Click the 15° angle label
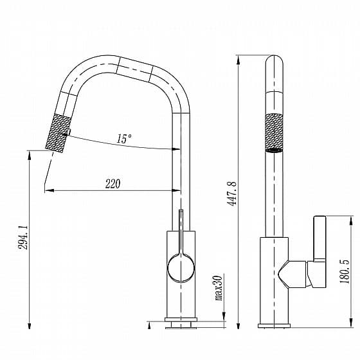(x=124, y=139)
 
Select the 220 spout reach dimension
(x=113, y=184)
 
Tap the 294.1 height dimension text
(x=23, y=238)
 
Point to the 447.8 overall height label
(x=231, y=194)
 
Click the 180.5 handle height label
(x=345, y=271)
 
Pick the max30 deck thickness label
(x=219, y=288)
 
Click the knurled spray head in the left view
(x=57, y=133)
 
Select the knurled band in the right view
(x=274, y=132)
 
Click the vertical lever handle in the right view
(x=320, y=238)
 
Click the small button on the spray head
(x=69, y=132)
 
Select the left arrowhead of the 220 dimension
(x=49, y=190)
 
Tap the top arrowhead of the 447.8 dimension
(x=239, y=60)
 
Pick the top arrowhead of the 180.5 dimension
(x=351, y=221)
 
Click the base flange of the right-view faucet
(x=274, y=325)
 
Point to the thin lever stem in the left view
(x=181, y=231)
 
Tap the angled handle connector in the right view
(x=292, y=274)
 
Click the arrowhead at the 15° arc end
(x=176, y=149)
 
